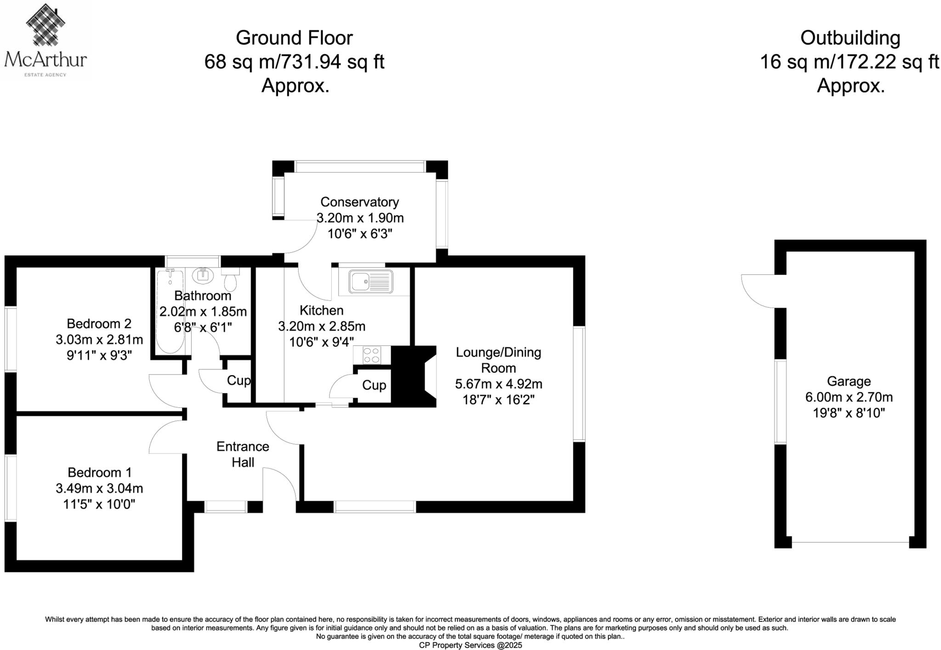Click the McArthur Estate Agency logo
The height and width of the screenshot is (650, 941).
coord(45,40)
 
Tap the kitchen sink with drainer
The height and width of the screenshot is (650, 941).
coord(370,282)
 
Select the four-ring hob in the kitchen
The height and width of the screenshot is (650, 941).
coord(371,355)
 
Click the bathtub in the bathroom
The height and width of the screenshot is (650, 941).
coord(170,311)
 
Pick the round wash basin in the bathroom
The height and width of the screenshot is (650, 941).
coord(203,275)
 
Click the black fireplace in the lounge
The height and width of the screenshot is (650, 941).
coord(413,376)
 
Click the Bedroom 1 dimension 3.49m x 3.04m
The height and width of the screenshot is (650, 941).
coord(99,488)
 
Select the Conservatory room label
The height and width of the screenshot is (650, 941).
coord(359,202)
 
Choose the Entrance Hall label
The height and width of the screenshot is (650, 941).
coord(243,454)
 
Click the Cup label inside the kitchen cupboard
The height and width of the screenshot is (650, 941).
coord(374,385)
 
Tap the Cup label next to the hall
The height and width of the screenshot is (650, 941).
coord(238,380)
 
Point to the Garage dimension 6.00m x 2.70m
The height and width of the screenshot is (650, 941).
coord(848,397)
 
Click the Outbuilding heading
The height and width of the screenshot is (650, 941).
coord(850,38)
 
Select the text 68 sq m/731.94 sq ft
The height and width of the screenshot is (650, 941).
coord(294,62)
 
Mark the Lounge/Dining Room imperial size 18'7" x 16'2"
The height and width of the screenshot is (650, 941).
coord(498,400)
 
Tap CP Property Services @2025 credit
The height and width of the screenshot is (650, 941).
coord(470,645)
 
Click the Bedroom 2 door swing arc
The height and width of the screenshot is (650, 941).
coord(166,390)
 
